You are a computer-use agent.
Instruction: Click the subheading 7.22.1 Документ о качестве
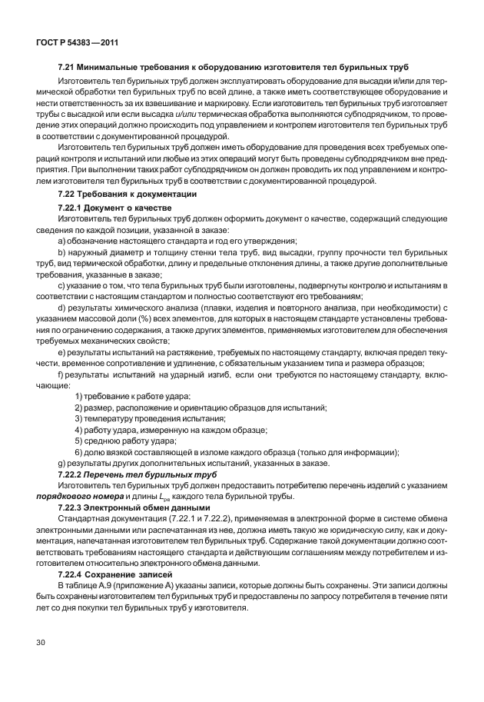tap(115, 208)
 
